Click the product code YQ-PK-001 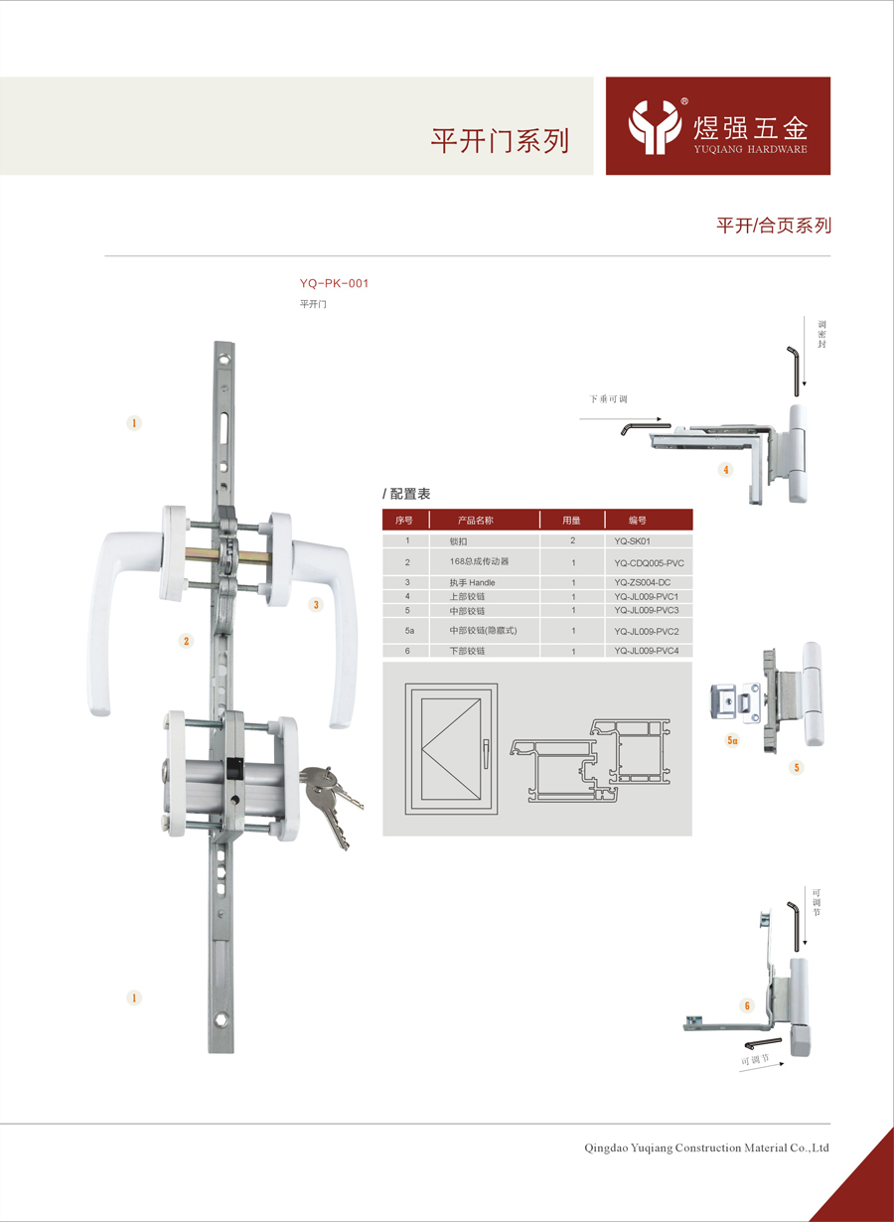(334, 283)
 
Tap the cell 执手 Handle (472, 582)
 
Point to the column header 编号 (637, 520)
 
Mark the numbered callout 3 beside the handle (316, 604)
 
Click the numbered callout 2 (186, 641)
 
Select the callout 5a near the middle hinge (733, 740)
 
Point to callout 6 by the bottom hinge (747, 1006)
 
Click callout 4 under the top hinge (727, 470)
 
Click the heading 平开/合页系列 (774, 226)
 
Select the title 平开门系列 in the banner (500, 140)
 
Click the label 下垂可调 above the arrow (608, 399)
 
